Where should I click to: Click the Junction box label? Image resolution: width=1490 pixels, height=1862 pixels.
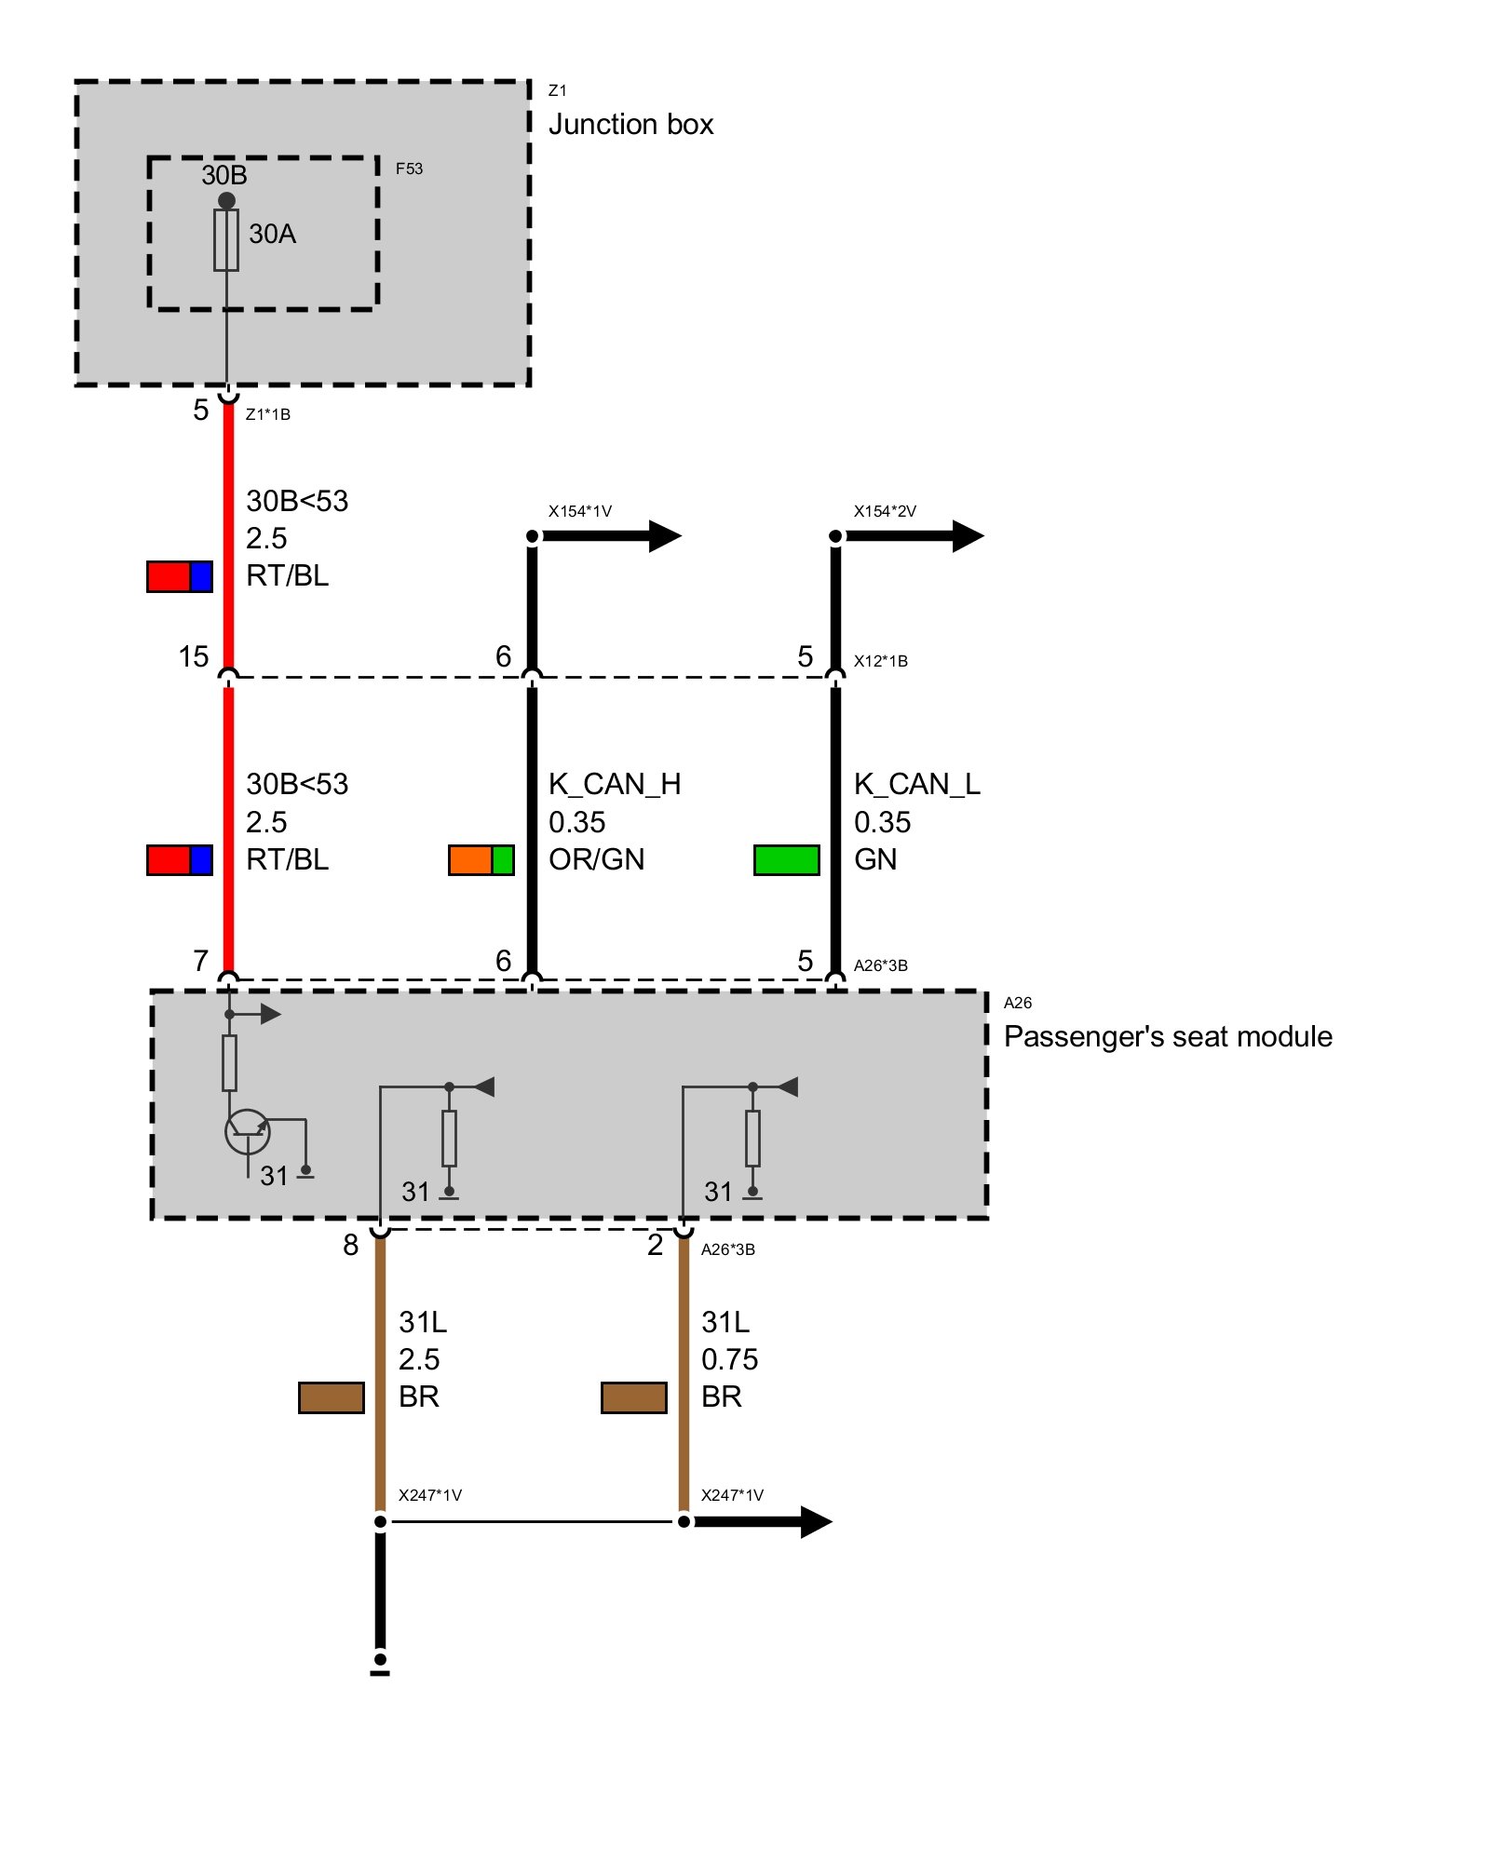point(630,125)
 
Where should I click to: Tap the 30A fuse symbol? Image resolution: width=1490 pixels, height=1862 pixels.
point(226,240)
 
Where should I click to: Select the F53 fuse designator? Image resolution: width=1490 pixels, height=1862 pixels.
point(409,169)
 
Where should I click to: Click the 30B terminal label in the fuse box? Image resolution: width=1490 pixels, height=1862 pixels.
point(224,175)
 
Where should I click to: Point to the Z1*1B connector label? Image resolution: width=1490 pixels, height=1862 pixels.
point(268,414)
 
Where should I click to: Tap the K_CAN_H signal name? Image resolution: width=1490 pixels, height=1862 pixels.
point(615,784)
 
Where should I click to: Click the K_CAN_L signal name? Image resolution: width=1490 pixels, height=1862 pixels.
point(917,784)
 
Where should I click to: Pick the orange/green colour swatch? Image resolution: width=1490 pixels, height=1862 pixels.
point(481,859)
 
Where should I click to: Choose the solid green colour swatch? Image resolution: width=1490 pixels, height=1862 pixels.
point(787,859)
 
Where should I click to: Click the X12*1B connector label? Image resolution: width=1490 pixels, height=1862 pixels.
point(880,661)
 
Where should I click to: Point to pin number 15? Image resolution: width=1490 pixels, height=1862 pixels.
point(194,656)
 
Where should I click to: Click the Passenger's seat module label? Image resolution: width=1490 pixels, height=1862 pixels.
point(1168,1036)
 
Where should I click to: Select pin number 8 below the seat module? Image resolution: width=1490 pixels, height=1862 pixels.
point(350,1245)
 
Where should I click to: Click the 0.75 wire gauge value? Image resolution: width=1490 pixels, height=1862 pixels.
point(729,1359)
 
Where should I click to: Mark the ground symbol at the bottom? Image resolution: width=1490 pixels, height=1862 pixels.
point(380,1664)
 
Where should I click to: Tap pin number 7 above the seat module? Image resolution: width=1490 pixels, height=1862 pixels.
point(200,960)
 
